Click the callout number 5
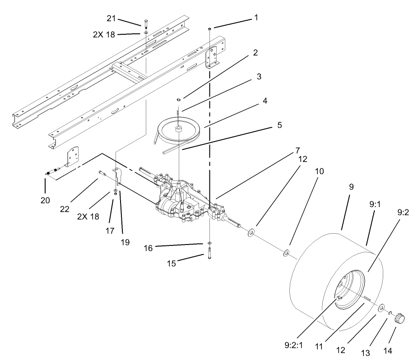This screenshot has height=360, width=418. click(x=279, y=125)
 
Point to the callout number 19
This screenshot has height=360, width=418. click(x=125, y=242)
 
